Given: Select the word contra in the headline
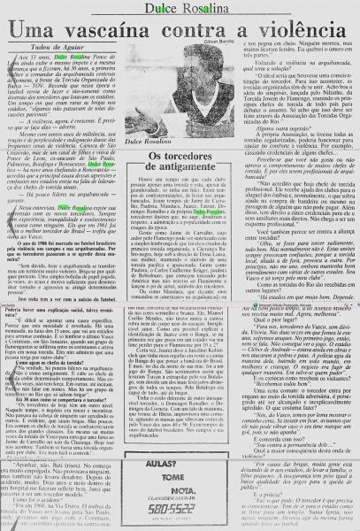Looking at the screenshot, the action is tap(203, 29).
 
